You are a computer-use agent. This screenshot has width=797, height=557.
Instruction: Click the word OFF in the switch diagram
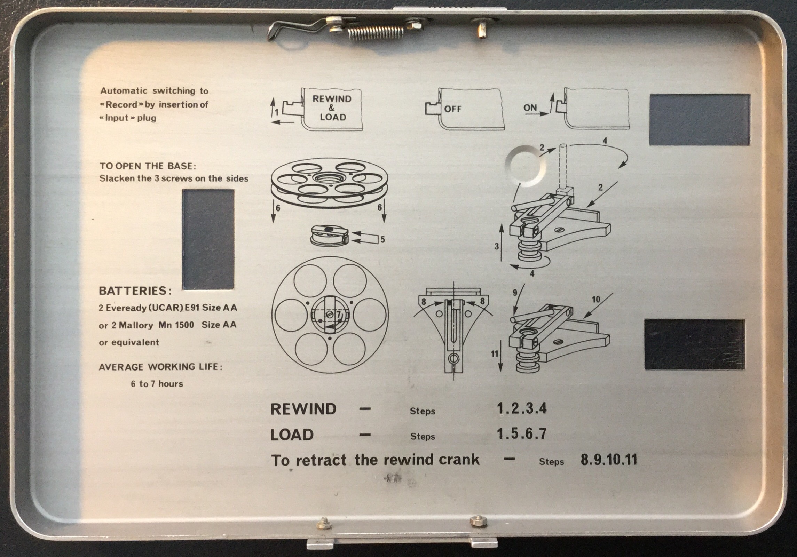pos(452,109)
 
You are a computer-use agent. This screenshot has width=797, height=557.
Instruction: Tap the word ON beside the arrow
pos(530,108)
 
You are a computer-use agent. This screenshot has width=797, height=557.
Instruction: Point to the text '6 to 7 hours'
pos(157,384)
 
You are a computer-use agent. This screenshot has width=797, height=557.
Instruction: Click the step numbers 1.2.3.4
pos(522,408)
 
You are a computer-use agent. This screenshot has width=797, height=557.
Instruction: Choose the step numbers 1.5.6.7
pos(522,434)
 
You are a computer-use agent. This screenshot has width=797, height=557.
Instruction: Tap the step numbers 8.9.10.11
pos(609,460)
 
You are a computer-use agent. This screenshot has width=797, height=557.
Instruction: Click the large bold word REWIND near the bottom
pos(303,409)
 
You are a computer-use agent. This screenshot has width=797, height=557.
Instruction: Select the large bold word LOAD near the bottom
pos(292,435)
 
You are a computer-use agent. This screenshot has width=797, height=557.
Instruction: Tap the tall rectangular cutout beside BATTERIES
pos(208,239)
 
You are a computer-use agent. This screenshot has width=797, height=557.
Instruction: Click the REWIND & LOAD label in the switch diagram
pos(332,108)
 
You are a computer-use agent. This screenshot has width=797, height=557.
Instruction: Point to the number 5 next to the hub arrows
pos(382,239)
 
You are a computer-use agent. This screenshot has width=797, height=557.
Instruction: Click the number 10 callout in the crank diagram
pos(596,300)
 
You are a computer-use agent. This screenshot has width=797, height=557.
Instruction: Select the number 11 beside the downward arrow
pos(495,354)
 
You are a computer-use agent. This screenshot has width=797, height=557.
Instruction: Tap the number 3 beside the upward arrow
pos(497,246)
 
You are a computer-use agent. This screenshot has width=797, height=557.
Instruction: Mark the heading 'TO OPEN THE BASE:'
pos(148,166)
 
